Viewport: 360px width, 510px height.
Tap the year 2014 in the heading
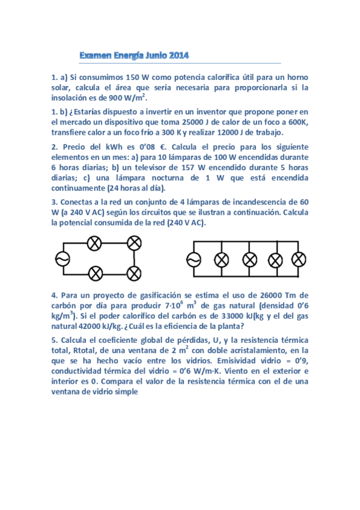[178, 56]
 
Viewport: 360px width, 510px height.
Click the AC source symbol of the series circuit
[61, 258]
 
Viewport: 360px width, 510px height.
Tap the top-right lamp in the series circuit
[135, 244]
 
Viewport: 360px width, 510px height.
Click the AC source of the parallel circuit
[194, 260]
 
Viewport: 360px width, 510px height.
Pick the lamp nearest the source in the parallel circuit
[222, 260]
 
